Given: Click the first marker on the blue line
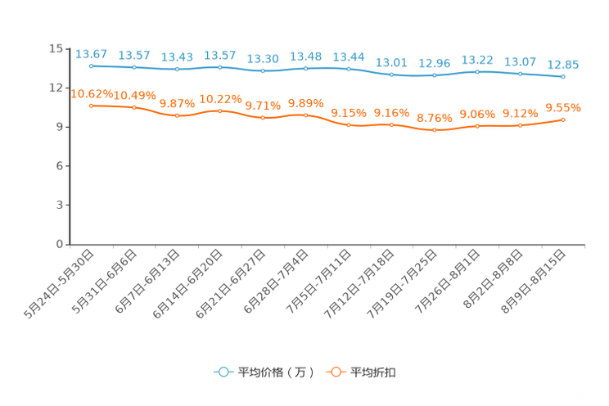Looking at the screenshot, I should [x=91, y=65].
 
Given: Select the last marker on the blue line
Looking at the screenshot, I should [x=563, y=77].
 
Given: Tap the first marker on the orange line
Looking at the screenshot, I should [x=91, y=106].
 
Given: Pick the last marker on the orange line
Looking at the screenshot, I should [x=563, y=120].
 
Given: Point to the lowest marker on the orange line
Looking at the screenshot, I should [x=434, y=130].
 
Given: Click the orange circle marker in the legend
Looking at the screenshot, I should [x=336, y=372].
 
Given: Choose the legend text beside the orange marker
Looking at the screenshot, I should [x=373, y=372].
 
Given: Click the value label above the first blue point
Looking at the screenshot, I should [x=91, y=53].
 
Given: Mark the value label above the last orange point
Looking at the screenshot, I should [x=563, y=107].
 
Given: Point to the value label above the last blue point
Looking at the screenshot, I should [x=563, y=65].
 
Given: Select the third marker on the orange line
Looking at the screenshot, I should [x=177, y=115].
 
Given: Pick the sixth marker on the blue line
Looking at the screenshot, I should [x=305, y=68].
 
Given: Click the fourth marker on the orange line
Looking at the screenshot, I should [x=219, y=111].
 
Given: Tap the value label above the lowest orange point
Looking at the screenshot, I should [x=434, y=118].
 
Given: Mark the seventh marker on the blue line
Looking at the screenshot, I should [x=349, y=69].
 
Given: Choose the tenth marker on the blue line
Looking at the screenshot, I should [x=477, y=72].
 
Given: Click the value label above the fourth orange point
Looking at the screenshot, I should [x=219, y=98].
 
